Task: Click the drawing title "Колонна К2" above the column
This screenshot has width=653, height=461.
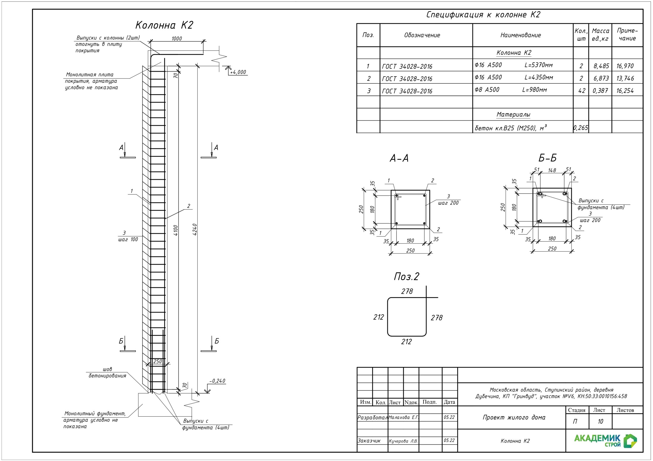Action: pos(164,25)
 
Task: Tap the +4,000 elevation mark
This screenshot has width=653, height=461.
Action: pos(238,72)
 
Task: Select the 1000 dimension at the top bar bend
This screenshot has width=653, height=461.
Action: pos(177,39)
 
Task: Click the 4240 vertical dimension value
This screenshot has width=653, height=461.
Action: pos(195,229)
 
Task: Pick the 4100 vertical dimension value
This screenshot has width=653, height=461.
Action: pos(175,230)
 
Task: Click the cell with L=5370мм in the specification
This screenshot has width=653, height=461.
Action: pos(538,65)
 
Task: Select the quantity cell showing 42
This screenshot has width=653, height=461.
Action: pos(582,91)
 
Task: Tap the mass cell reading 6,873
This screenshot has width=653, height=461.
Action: pos(601,78)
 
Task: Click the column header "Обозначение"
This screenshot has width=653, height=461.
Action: pos(422,35)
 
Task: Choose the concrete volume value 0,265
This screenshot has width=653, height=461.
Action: pos(581,128)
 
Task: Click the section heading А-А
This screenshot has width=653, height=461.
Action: pos(399,158)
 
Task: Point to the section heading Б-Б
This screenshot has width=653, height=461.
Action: pos(547,158)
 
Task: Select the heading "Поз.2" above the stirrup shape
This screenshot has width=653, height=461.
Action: pos(406,276)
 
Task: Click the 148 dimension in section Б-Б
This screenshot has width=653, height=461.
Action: pos(552,170)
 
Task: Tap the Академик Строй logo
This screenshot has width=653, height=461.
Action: pos(605,441)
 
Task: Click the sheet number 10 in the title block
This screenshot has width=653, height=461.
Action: pos(600,422)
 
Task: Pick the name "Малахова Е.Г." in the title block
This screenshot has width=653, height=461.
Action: pos(404,417)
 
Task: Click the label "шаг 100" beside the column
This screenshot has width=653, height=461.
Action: pos(128,239)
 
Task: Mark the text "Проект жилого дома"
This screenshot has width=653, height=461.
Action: pos(514,417)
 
